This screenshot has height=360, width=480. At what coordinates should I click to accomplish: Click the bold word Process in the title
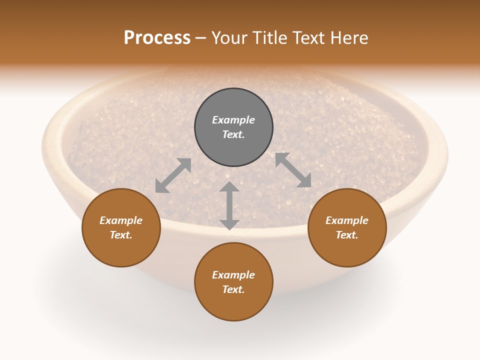157,38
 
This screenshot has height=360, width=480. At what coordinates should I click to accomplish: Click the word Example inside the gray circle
233,120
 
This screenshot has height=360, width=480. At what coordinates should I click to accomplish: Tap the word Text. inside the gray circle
233,134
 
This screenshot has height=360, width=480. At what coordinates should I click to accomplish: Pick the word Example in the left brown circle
121,220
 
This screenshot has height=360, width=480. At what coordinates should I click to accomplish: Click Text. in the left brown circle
121,235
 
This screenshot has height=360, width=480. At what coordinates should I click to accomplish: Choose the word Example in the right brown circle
347,220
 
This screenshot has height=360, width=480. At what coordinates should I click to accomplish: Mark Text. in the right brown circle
347,235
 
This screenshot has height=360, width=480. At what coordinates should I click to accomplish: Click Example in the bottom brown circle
233,275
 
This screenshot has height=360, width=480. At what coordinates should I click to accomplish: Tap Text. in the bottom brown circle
233,289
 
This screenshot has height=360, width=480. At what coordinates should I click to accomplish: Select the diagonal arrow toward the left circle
173,175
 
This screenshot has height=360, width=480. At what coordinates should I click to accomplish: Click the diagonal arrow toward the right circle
293,170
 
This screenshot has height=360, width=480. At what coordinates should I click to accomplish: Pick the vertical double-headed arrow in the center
229,206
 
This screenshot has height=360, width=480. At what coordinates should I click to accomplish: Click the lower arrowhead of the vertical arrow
229,224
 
